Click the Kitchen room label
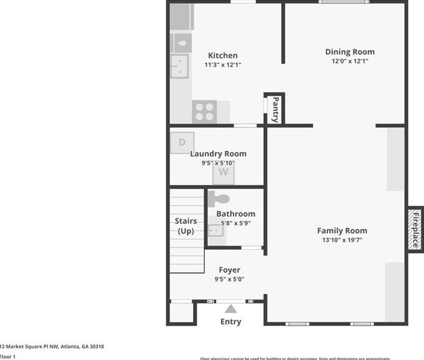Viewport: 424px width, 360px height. [x=222, y=56]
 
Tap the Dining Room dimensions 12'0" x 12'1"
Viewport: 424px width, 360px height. [x=350, y=61]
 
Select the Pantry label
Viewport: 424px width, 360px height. [x=275, y=110]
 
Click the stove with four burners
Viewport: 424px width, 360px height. [x=204, y=111]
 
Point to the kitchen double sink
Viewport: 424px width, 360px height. [x=178, y=65]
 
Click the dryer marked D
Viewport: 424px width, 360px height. [x=182, y=143]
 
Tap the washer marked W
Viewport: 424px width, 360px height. [x=223, y=173]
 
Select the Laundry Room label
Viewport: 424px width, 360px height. [x=218, y=154]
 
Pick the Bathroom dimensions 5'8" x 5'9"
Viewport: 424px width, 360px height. [x=235, y=223]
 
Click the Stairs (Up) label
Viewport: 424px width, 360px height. [x=186, y=226]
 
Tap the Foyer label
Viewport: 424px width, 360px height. [x=229, y=270]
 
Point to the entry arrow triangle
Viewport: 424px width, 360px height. [x=231, y=309]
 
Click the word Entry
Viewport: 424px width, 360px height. [x=231, y=322]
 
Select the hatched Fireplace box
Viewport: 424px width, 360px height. [x=414, y=228]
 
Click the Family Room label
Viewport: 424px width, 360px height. [x=342, y=231]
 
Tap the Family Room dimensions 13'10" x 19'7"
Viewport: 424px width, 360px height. [x=342, y=240]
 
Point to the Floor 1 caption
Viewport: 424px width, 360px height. [x=7, y=356]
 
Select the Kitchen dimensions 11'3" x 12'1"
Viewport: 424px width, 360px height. [x=222, y=65]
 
